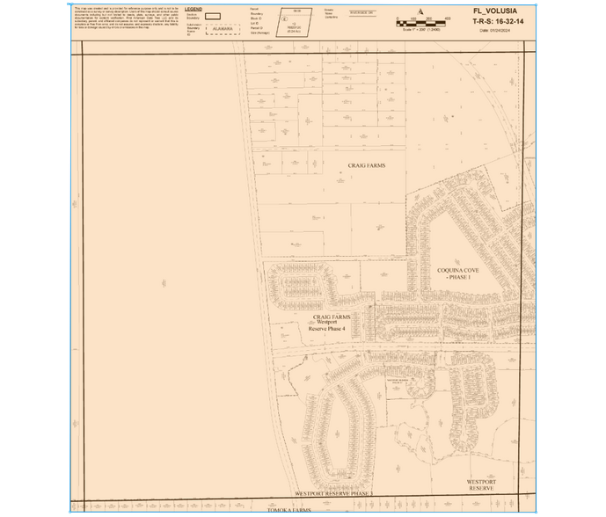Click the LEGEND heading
(x=193, y=9)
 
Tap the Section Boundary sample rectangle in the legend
(x=212, y=17)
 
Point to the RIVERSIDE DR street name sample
(x=361, y=12)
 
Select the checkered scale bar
(x=423, y=21)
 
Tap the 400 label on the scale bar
(x=448, y=18)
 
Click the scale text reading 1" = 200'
(x=423, y=29)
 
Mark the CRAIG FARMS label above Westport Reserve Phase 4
(x=332, y=316)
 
